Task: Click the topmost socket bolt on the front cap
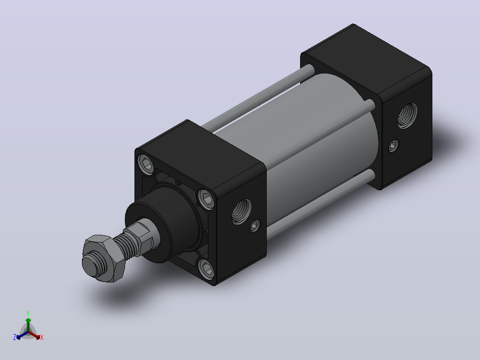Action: (x=146, y=164)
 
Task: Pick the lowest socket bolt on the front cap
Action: (x=206, y=269)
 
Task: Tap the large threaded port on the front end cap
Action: (x=242, y=211)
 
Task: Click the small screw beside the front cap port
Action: (x=255, y=226)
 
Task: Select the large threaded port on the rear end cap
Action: (x=407, y=115)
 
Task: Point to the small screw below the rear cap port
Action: (x=394, y=146)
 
